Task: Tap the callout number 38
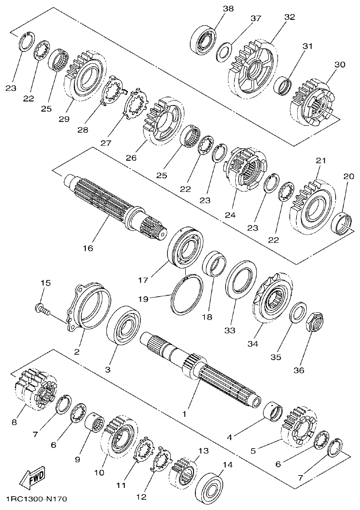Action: [227, 8]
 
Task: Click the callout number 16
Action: [88, 248]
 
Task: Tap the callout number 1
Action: [184, 414]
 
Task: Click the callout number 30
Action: [339, 65]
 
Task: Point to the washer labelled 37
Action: [224, 51]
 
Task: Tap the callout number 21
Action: [321, 161]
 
